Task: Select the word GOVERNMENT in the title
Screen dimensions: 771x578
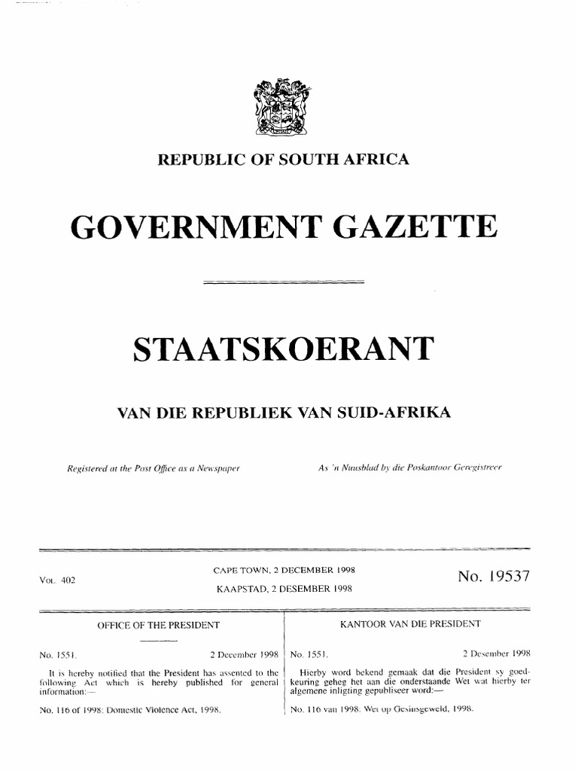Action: point(184,227)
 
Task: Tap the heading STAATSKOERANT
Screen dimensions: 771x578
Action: point(283,349)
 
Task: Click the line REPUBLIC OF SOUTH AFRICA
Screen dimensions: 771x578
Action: point(282,159)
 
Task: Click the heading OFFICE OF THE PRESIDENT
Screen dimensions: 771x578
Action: point(158,625)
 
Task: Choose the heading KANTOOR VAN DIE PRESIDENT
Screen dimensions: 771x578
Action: point(410,624)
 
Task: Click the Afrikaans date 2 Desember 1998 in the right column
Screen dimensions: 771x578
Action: point(497,654)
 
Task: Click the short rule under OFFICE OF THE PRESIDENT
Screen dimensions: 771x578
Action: point(158,640)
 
